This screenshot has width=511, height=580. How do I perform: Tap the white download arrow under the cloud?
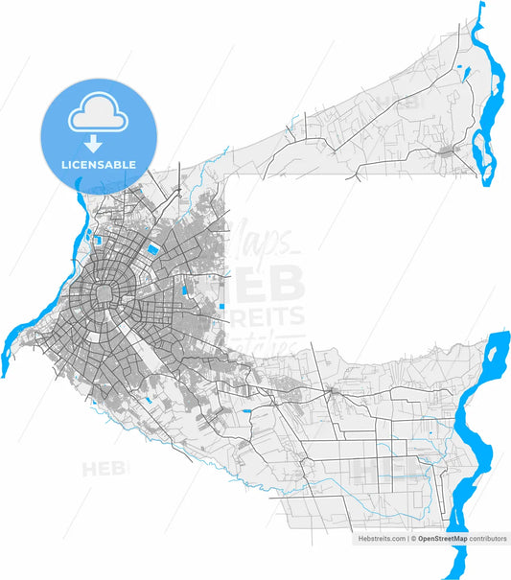click(x=94, y=145)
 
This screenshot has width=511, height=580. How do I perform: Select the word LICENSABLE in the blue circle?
click(x=98, y=165)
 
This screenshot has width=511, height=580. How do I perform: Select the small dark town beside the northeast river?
click(x=449, y=151)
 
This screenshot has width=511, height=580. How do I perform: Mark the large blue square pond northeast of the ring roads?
click(x=152, y=250)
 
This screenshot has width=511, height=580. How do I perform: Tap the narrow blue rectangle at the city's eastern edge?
click(x=222, y=307)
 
